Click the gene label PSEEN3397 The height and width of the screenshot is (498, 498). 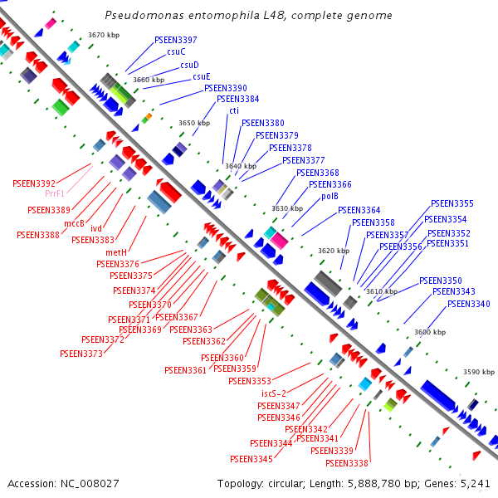(x=176, y=40)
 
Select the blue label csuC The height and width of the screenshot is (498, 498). (x=176, y=51)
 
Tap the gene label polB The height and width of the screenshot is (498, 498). (x=330, y=197)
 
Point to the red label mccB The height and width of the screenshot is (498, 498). (x=75, y=222)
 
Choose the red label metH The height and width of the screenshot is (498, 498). (x=116, y=251)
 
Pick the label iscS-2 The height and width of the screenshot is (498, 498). (x=274, y=393)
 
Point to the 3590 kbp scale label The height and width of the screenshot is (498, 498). (x=479, y=373)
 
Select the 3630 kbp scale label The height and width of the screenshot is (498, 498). (x=287, y=208)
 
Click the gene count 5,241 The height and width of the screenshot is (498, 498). (x=476, y=483)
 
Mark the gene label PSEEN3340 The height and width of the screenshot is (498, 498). (x=468, y=304)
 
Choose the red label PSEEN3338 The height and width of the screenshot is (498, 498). (x=347, y=463)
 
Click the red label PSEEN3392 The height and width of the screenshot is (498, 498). (x=34, y=183)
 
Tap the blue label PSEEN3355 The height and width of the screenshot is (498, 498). (x=452, y=203)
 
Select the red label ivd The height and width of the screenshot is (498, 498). (x=96, y=229)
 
